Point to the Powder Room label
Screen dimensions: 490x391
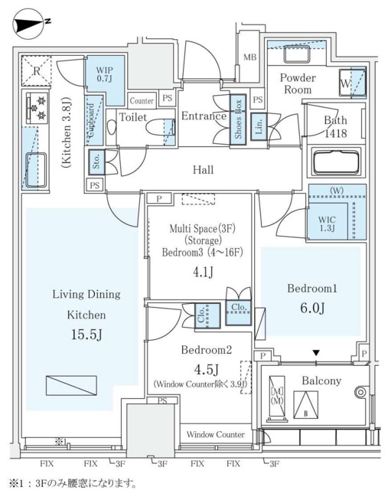(297, 83)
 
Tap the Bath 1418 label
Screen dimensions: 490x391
(335, 126)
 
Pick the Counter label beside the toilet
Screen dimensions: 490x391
(142, 100)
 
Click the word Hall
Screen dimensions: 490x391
(203, 169)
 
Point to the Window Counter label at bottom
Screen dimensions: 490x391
(215, 434)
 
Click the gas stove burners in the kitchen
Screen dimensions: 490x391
(36, 107)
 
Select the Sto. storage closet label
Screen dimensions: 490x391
(97, 161)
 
